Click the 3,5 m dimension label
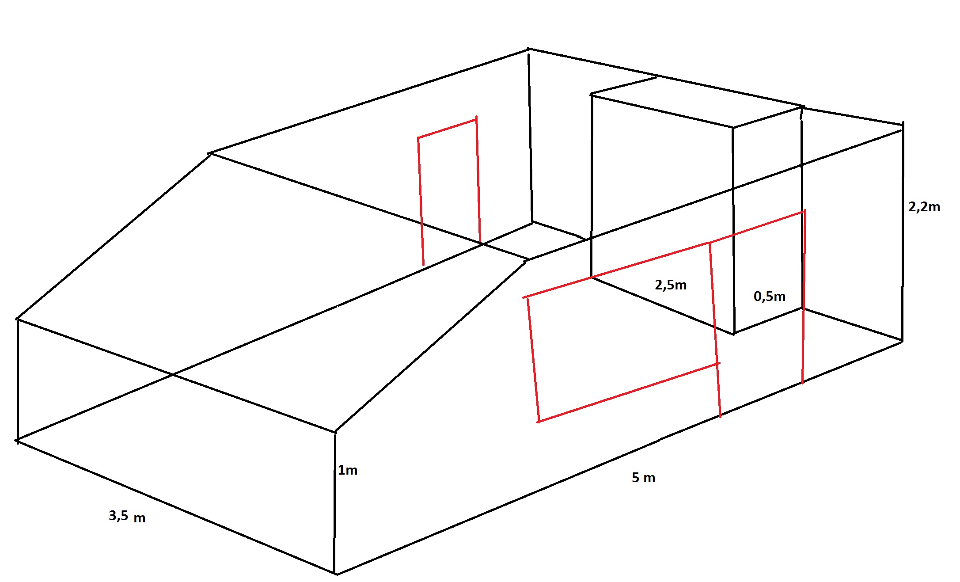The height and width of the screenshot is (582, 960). click(x=127, y=516)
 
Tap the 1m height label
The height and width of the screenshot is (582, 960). click(x=348, y=470)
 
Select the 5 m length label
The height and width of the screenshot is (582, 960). click(x=643, y=478)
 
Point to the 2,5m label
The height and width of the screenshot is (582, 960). click(x=671, y=285)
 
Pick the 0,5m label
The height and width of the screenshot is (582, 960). click(x=770, y=297)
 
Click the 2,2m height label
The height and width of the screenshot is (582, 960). click(x=924, y=207)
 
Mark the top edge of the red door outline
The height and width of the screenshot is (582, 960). click(x=447, y=129)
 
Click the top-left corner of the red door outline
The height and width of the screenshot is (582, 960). click(x=418, y=138)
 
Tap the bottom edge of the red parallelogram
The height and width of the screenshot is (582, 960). click(x=629, y=393)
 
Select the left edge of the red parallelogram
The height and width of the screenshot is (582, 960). click(x=533, y=360)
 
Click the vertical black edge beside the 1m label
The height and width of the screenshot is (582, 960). click(x=335, y=503)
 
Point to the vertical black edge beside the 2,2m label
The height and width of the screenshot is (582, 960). click(x=903, y=232)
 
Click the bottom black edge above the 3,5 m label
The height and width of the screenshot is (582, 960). click(x=176, y=507)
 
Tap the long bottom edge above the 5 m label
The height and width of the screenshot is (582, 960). click(x=619, y=457)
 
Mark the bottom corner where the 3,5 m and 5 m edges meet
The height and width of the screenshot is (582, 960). click(x=336, y=574)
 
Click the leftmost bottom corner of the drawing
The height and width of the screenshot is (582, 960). click(x=17, y=441)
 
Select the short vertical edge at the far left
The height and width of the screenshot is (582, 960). click(x=18, y=380)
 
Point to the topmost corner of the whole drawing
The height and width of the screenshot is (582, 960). click(x=528, y=49)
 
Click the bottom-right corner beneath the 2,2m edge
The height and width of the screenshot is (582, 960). click(x=902, y=341)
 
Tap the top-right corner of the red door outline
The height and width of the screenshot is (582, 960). click(x=476, y=119)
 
